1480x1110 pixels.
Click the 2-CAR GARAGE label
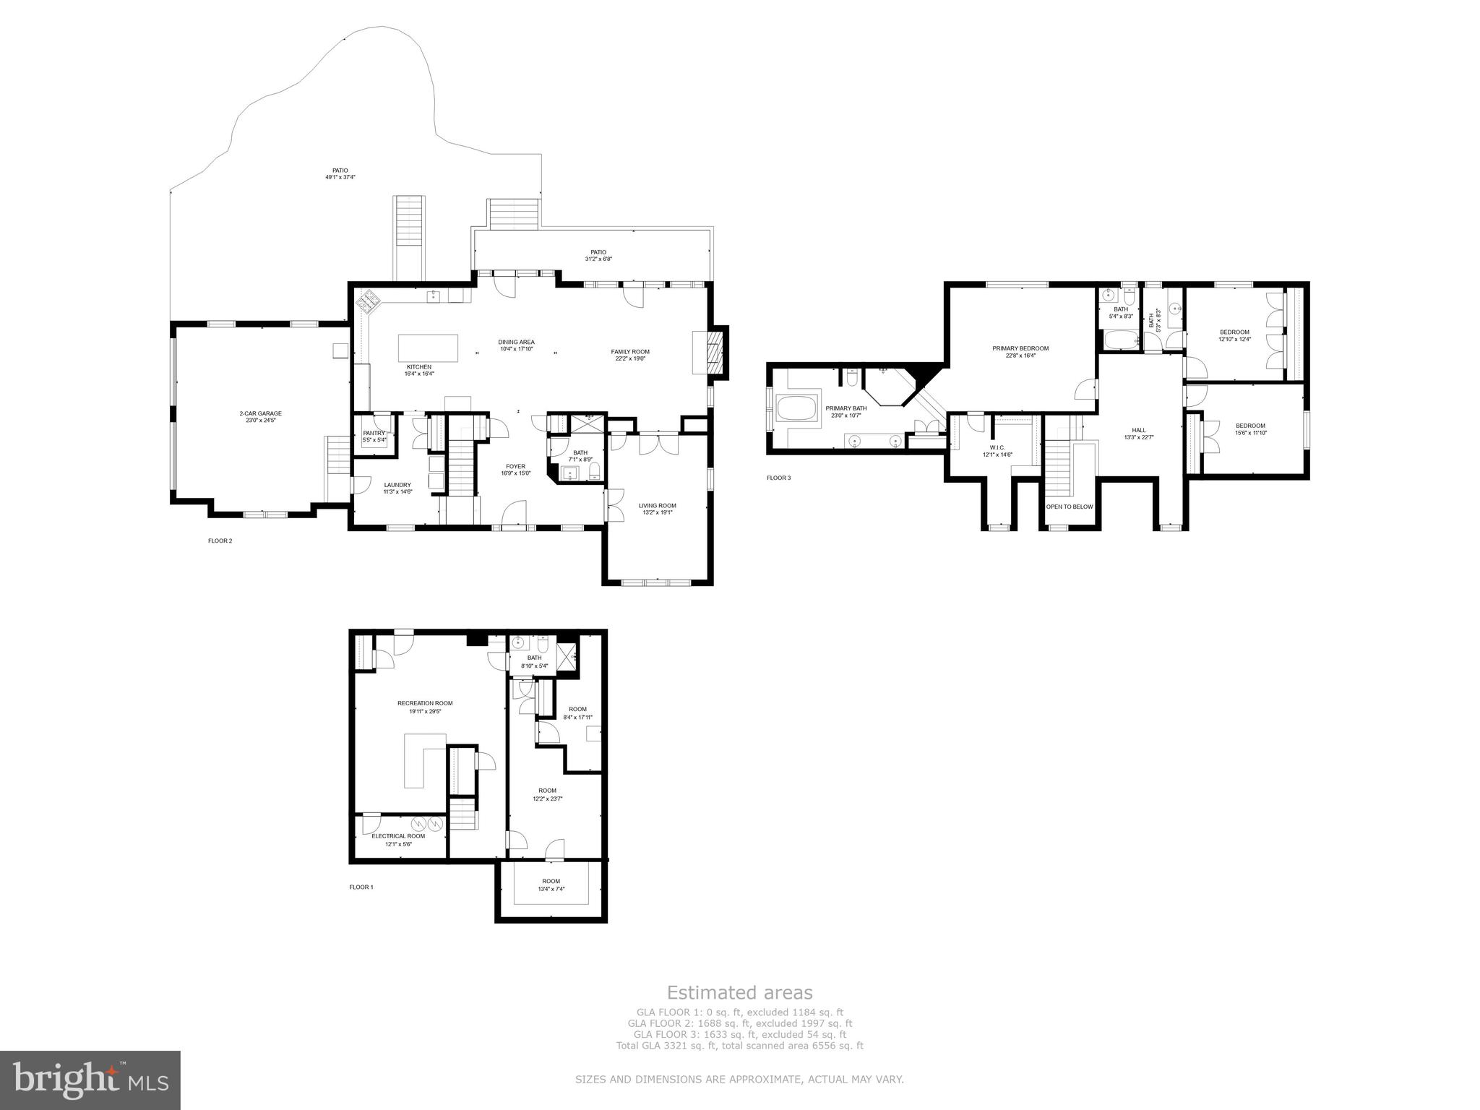click(260, 416)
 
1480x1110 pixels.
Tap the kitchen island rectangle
click(428, 348)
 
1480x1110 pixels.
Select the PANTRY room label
click(374, 436)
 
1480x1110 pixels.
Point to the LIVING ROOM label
click(657, 509)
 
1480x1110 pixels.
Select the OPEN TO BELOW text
click(1070, 507)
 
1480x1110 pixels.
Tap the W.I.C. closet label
click(997, 451)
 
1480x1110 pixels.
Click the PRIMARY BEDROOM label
click(1020, 351)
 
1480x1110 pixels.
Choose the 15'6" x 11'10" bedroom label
click(1250, 429)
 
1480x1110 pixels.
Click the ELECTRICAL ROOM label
click(398, 839)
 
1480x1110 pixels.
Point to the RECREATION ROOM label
click(425, 707)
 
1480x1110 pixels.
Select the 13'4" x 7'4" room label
click(551, 885)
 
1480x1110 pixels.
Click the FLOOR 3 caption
click(778, 478)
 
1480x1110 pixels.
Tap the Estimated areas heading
click(739, 992)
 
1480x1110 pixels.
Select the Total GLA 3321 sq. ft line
click(739, 1045)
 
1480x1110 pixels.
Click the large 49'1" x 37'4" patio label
click(340, 173)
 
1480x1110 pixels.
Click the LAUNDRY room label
click(397, 488)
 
